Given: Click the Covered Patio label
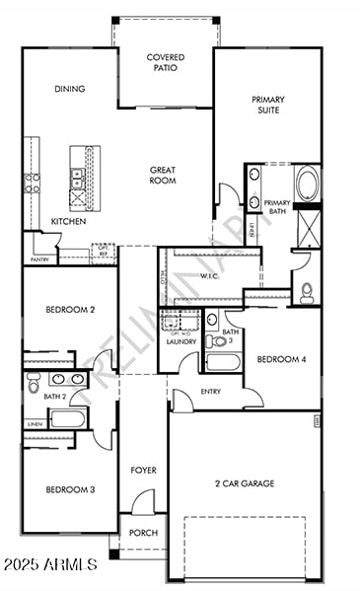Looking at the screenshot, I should (x=165, y=64).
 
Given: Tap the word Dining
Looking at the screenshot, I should (x=69, y=89).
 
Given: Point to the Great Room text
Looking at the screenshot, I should (x=163, y=175).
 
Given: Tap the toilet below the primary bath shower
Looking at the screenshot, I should (x=307, y=291).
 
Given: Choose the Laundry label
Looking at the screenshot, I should (x=181, y=341).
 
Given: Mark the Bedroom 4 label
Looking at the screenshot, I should (x=281, y=359).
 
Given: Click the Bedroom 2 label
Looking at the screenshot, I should (x=70, y=310).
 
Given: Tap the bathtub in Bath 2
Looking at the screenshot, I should (x=68, y=419).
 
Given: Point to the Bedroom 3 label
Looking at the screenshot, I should (x=70, y=489).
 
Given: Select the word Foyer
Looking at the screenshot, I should (x=144, y=470).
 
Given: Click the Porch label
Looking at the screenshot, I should (x=144, y=533).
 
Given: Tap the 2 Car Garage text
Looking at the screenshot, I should (x=245, y=483).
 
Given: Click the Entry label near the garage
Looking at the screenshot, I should (x=210, y=392).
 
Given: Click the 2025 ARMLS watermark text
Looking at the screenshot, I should (x=49, y=565).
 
